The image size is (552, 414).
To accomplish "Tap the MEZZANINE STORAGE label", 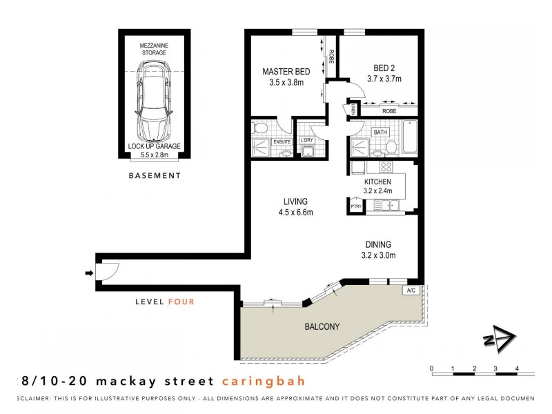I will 154,48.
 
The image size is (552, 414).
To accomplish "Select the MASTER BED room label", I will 286,72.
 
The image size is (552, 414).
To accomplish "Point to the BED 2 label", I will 384,68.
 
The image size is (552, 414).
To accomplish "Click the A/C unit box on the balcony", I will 411,290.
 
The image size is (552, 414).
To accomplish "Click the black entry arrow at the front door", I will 88,274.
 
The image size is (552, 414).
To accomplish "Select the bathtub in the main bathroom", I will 408,137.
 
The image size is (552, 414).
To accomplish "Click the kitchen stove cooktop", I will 386,167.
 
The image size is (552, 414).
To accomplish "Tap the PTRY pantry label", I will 356,206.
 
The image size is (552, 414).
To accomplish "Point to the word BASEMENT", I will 155,176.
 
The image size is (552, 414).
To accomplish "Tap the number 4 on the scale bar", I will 517,368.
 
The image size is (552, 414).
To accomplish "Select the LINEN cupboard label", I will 353,110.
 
